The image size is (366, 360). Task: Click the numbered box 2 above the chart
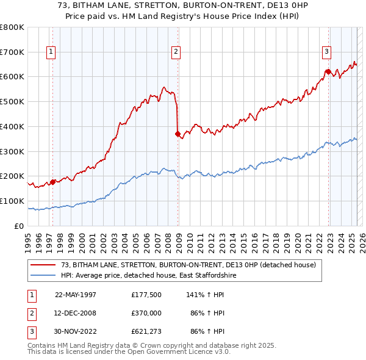(x=176, y=52)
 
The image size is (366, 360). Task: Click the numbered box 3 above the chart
(x=327, y=52)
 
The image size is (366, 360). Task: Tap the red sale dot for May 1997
(x=53, y=181)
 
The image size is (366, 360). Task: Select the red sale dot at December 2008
(x=178, y=133)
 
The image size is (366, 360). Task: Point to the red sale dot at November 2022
(x=328, y=71)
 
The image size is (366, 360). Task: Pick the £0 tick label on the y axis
(x=20, y=226)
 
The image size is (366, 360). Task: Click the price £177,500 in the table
(x=146, y=294)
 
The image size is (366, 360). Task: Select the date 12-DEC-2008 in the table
(x=76, y=312)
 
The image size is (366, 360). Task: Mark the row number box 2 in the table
(x=29, y=312)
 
